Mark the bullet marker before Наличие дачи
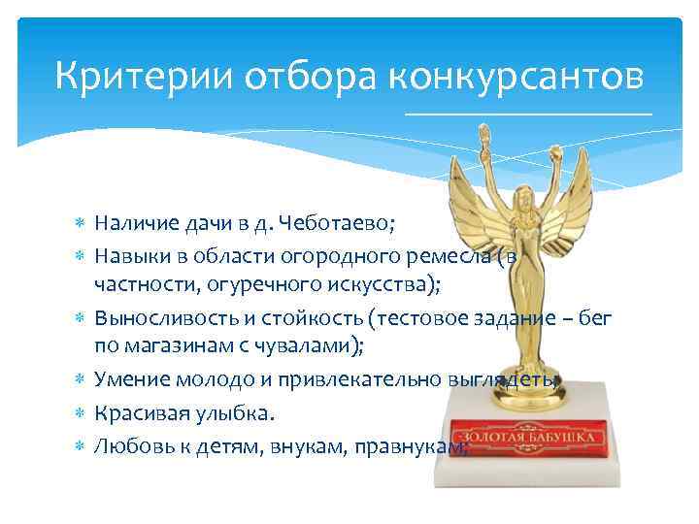[x=80, y=223]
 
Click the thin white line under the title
[x=529, y=115]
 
